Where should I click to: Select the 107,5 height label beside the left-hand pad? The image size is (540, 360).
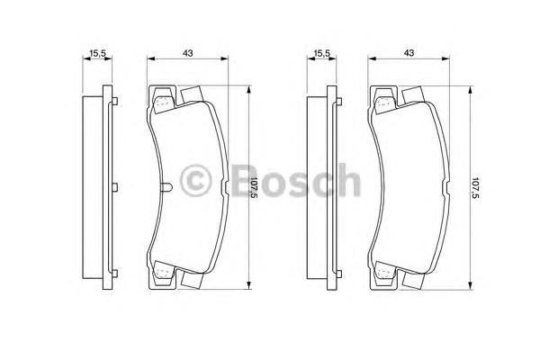pos(255,189)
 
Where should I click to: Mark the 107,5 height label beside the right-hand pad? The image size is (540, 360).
pos(477,189)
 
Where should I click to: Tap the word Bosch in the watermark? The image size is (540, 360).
pos(288,181)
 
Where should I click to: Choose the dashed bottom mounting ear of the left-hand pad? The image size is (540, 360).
pos(163,273)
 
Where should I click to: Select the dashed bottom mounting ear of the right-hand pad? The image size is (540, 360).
pos(385,273)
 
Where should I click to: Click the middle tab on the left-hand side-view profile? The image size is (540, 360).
pos(114,188)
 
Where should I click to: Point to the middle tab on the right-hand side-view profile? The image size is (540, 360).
pos(337,188)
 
